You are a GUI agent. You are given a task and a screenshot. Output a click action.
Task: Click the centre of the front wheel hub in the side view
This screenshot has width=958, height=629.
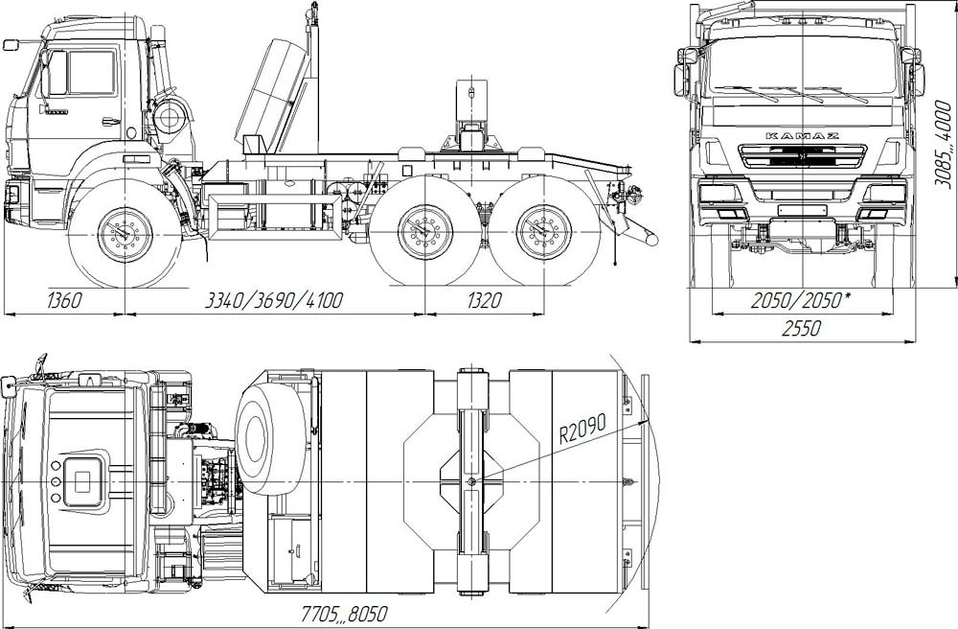[x=125, y=234]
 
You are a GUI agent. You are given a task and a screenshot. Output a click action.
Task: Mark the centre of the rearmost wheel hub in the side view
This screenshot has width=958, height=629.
[x=543, y=232]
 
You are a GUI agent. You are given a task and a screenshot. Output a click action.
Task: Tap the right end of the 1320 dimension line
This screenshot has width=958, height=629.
[x=543, y=314]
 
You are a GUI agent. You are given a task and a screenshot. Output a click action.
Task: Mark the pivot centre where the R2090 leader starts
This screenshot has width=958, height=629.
[x=471, y=481]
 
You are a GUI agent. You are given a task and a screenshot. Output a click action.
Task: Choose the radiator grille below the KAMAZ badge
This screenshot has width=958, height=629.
[x=802, y=156]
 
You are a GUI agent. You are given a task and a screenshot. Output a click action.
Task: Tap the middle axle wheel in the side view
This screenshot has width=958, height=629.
[x=425, y=231]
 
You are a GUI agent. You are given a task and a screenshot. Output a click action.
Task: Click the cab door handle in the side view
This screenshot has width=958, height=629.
[x=111, y=121]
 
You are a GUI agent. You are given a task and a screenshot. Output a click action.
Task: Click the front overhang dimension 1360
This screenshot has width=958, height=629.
[x=63, y=300]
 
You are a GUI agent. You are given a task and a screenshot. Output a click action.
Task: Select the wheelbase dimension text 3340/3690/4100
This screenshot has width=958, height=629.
[x=273, y=300]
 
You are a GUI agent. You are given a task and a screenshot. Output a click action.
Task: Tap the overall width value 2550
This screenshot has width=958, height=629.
[x=801, y=329]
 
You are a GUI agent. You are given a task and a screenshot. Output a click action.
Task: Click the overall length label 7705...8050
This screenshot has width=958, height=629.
[x=344, y=614]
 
